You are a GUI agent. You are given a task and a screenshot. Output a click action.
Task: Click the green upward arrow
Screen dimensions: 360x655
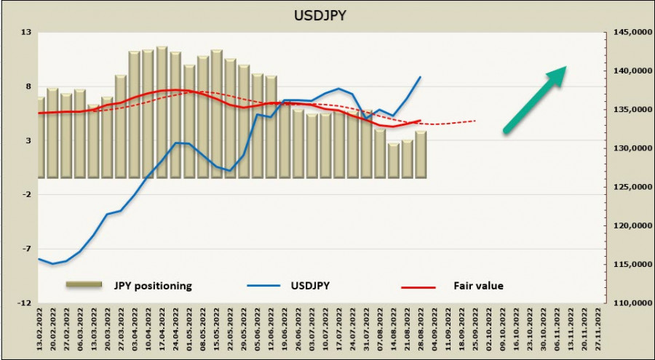click(x=535, y=100)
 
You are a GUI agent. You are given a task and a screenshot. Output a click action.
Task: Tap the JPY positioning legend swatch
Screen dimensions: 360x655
click(x=88, y=286)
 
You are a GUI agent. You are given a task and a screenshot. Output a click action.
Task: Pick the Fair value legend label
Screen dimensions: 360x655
click(x=478, y=286)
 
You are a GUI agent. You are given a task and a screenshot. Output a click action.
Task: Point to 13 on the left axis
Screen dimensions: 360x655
click(x=26, y=33)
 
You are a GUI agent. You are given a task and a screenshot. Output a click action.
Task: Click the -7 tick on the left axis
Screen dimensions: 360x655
click(x=26, y=249)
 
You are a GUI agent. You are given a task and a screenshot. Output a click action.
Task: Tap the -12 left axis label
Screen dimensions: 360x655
click(x=25, y=303)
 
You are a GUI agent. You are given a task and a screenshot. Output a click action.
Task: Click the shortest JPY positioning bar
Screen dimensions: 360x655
click(x=394, y=160)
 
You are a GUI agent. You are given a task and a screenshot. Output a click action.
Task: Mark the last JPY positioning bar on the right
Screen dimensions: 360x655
click(x=421, y=154)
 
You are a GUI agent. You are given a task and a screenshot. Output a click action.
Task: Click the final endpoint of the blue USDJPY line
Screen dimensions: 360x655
click(x=421, y=76)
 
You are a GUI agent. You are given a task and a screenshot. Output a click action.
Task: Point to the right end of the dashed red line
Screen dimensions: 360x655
click(x=476, y=121)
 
